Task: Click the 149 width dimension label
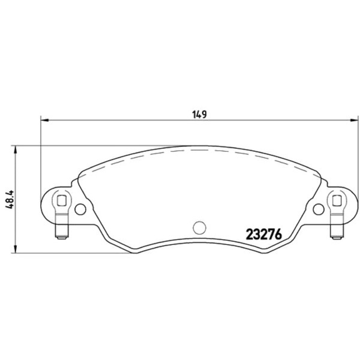click(x=200, y=114)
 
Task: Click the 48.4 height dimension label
click(x=10, y=199)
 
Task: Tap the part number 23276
click(x=264, y=235)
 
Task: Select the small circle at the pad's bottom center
click(x=200, y=227)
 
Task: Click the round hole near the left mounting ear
click(x=80, y=209)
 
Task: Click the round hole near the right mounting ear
click(x=319, y=209)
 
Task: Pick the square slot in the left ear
click(x=62, y=200)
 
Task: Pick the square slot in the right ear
click(x=337, y=200)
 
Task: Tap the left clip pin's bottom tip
click(x=62, y=238)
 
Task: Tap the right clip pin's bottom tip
click(x=337, y=238)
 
